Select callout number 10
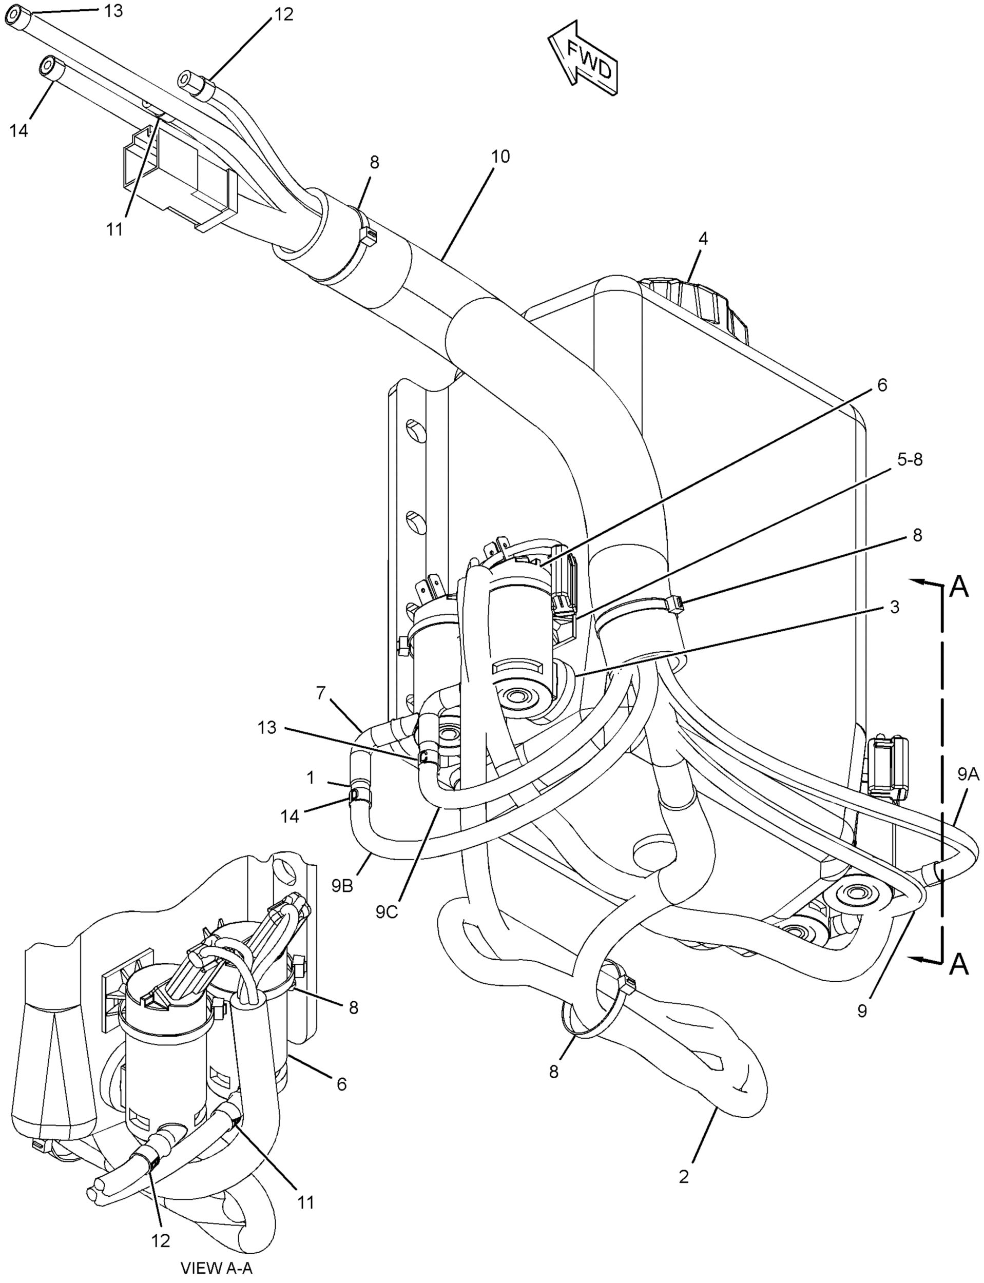click(501, 157)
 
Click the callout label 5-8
click(909, 460)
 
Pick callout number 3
click(894, 607)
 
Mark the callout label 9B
click(342, 887)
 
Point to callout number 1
click(311, 777)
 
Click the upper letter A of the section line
click(958, 587)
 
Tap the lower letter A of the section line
click(958, 964)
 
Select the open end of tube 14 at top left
click(46, 66)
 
